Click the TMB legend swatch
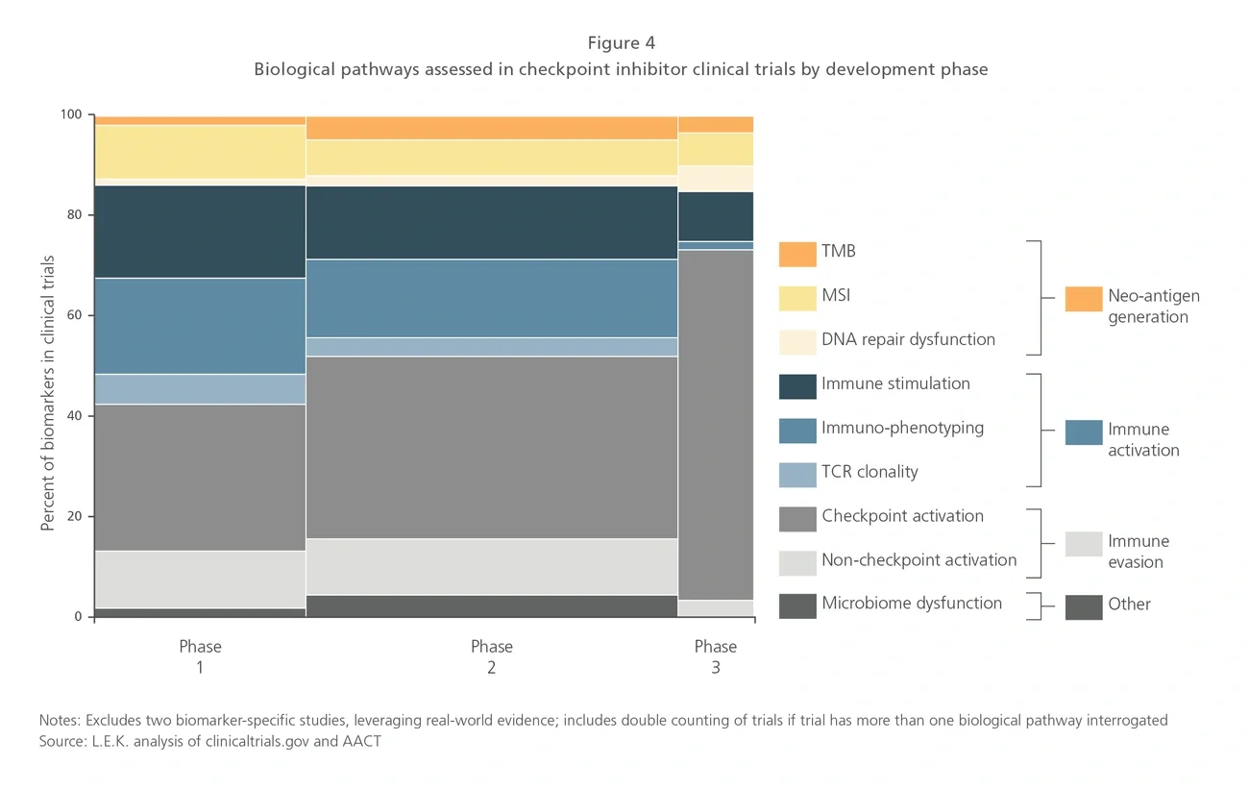pyautogui.click(x=797, y=254)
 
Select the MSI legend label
pyautogui.click(x=835, y=296)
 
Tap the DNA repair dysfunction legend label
pyautogui.click(x=908, y=339)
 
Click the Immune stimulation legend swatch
pyautogui.click(x=797, y=385)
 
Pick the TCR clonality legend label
pyautogui.click(x=869, y=472)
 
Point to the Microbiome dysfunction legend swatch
pyautogui.click(x=797, y=605)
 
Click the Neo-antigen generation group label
pyautogui.click(x=1153, y=307)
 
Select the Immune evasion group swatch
pyautogui.click(x=1083, y=544)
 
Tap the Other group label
pyautogui.click(x=1129, y=605)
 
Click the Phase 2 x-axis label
pyautogui.click(x=491, y=656)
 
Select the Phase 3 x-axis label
pyautogui.click(x=716, y=656)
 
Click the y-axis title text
pyautogui.click(x=47, y=393)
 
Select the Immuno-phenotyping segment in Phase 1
pyautogui.click(x=200, y=326)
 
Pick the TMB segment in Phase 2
pyautogui.click(x=491, y=128)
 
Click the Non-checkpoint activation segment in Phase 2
pyautogui.click(x=491, y=566)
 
